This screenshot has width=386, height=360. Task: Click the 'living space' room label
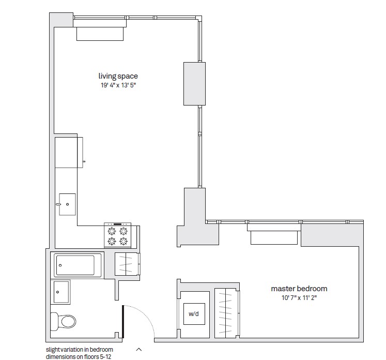[118, 77]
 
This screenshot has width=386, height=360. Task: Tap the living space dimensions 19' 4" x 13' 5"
[118, 85]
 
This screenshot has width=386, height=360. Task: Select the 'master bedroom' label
[299, 289]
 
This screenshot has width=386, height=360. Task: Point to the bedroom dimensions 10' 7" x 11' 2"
[299, 298]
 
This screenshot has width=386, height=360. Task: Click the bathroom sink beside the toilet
[61, 292]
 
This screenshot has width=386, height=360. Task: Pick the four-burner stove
[117, 236]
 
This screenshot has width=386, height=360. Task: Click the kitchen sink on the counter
[67, 204]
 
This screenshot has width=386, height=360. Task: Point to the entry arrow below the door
[138, 349]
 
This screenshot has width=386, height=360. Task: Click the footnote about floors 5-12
[79, 353]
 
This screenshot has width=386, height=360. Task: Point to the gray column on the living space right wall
[194, 84]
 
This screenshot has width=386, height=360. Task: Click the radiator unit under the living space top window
[100, 33]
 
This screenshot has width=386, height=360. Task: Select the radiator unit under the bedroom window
[274, 237]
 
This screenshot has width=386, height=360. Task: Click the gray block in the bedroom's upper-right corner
[332, 234]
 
